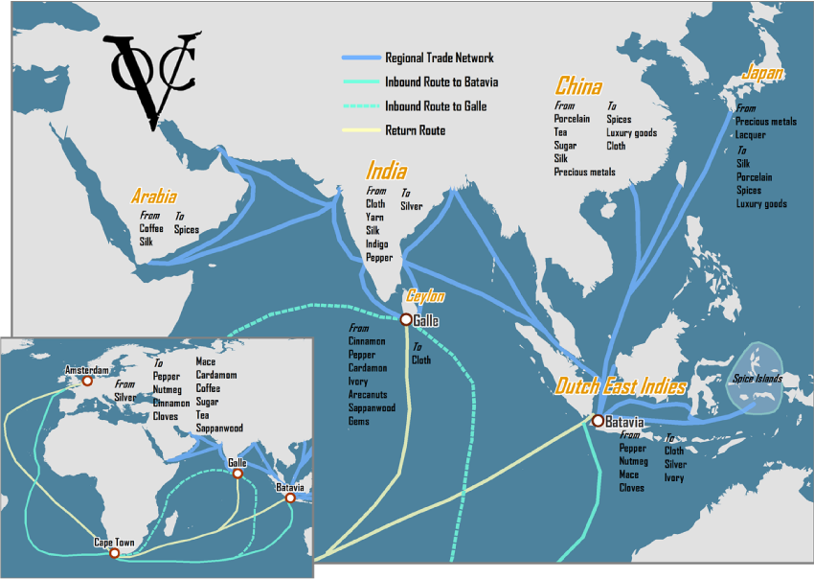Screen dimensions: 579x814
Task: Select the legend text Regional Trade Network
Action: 440,58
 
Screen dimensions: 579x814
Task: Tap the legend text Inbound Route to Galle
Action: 435,106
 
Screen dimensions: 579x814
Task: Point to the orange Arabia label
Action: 154,197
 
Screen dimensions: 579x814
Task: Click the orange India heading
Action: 386,172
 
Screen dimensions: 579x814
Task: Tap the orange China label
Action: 578,86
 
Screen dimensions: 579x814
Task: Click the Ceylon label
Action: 425,296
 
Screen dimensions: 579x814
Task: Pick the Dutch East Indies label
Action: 621,387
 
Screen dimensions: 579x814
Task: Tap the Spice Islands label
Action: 757,379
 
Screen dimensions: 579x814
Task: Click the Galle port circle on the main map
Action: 406,319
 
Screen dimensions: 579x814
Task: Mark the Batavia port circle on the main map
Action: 598,421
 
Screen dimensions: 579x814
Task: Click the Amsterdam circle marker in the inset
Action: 87,381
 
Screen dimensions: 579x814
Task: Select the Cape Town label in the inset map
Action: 113,543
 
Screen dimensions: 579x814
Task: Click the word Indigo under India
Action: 378,244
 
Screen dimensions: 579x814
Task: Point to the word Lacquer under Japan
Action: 751,135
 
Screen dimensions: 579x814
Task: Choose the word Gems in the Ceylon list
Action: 359,422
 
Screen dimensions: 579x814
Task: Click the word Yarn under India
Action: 375,218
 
